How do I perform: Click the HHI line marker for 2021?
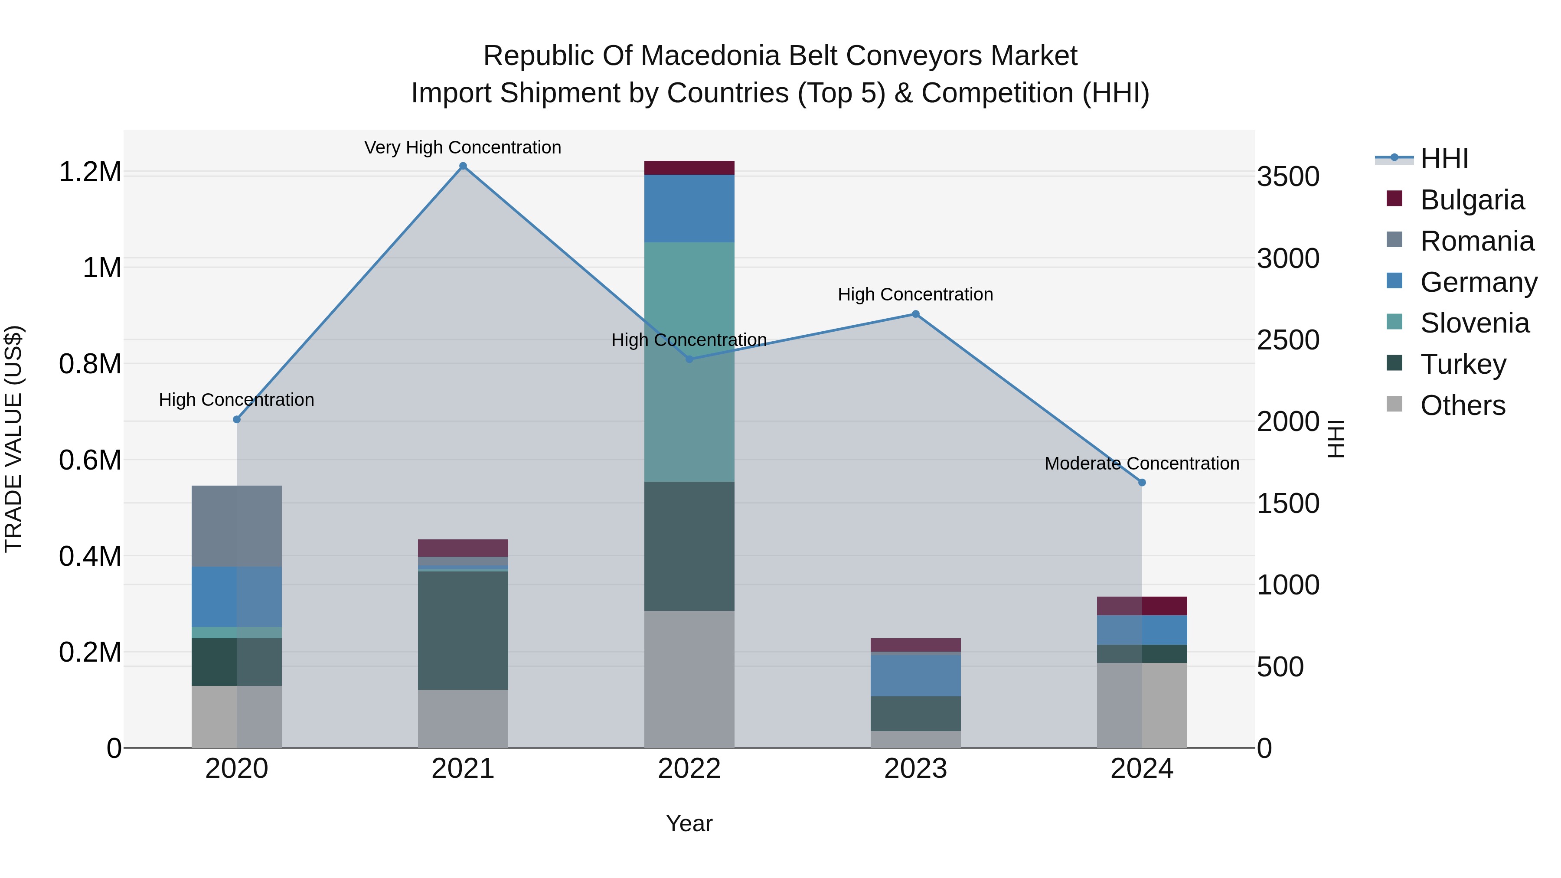pos(463,166)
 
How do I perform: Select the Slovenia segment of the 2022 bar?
pos(689,362)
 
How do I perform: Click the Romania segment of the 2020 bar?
pos(236,526)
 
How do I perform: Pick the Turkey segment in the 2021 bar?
pos(463,630)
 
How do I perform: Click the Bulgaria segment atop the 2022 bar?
pos(689,168)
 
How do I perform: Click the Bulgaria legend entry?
pos(1472,200)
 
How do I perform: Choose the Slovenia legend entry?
pos(1474,323)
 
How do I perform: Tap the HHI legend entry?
pos(1444,159)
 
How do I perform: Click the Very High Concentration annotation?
pos(463,147)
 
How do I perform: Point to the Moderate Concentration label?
pos(1142,463)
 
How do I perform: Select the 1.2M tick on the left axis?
pos(90,173)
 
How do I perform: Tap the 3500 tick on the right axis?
pos(1288,177)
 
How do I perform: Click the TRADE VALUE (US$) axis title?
pos(13,439)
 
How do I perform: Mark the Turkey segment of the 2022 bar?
pos(689,546)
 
